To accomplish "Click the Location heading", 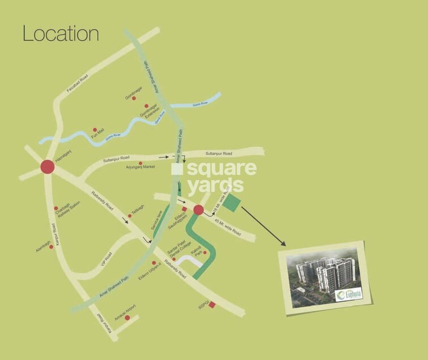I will tap(61, 33).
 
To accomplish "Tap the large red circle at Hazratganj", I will tap(47, 167).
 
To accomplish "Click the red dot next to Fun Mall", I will tap(95, 129).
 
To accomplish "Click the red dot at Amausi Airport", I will tap(127, 317).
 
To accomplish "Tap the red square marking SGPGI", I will tap(212, 306).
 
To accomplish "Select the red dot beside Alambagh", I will tap(51, 247).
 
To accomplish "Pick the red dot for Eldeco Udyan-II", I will tap(154, 262).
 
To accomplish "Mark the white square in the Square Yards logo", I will tap(177, 168).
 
